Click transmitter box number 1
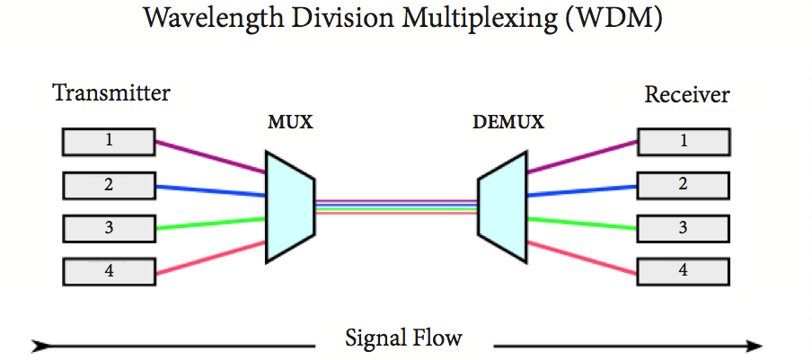coord(108,141)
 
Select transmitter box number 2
coord(108,185)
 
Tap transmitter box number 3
coord(108,228)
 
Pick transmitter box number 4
coord(108,270)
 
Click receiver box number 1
coord(683,141)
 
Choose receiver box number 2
coord(683,184)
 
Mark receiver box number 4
coord(683,269)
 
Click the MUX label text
coord(290,123)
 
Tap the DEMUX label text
coord(508,123)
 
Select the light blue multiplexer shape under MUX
coord(288,206)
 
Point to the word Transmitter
coord(111,92)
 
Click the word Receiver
coord(687,94)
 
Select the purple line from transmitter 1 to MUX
coord(210,155)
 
